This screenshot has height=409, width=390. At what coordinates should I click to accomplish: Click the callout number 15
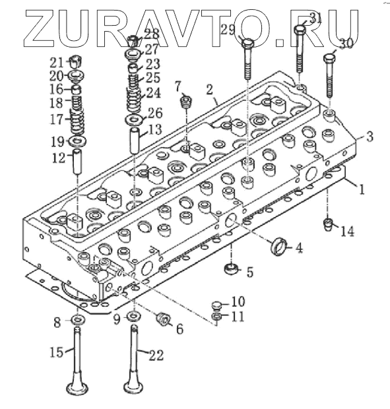point(57,352)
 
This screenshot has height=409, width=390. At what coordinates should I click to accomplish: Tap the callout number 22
point(156,356)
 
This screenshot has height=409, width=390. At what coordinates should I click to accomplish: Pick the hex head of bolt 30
point(329,58)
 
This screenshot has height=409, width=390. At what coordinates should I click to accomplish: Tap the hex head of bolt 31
point(301,29)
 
